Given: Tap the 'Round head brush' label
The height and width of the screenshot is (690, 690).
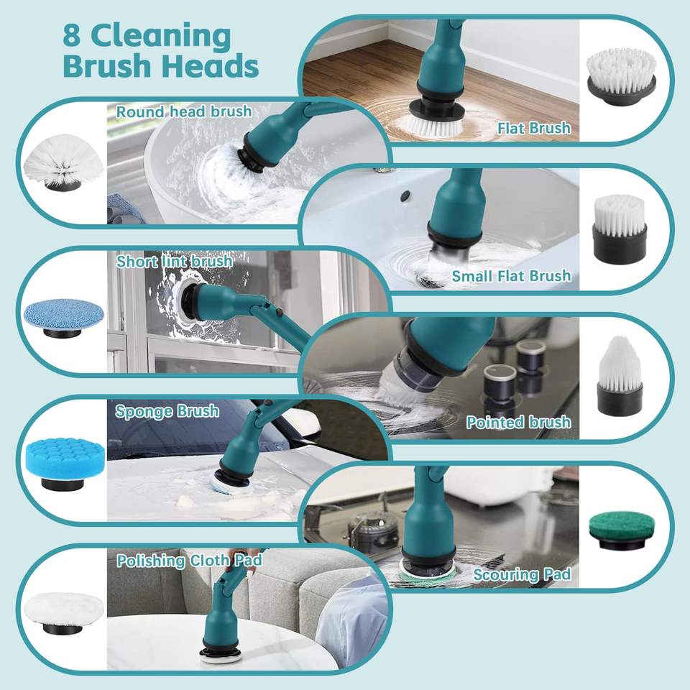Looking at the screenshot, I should [184, 111].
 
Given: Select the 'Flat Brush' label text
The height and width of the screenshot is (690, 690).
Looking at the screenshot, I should [533, 128].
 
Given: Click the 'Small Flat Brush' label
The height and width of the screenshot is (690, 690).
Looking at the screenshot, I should [511, 276].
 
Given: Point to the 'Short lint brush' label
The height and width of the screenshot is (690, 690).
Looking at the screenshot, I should [175, 261].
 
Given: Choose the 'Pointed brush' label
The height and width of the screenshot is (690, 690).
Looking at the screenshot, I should [518, 422].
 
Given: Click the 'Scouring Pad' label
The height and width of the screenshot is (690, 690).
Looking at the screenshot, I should [522, 574].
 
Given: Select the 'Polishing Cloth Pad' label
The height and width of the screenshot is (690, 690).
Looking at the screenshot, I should [190, 561].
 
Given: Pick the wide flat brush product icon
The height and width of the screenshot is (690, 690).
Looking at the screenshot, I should [620, 78].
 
